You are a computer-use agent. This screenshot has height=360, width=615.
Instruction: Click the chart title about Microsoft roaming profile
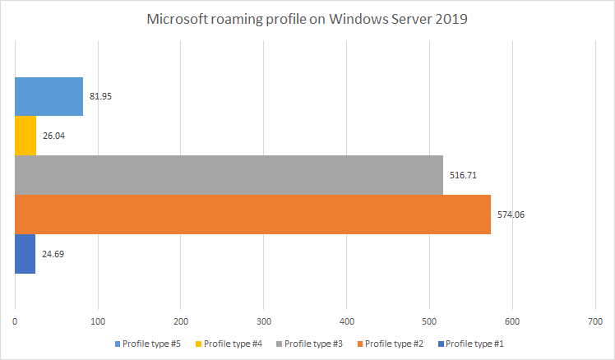[307, 19]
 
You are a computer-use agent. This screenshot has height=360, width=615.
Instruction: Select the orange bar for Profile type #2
[252, 215]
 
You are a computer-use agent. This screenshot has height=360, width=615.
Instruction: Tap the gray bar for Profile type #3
[229, 175]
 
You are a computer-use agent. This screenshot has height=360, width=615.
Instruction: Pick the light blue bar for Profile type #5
[49, 96]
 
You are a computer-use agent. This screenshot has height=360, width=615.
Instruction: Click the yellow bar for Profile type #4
[25, 136]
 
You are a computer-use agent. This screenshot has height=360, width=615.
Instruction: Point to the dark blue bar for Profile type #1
[25, 254]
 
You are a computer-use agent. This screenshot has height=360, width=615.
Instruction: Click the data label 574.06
[511, 215]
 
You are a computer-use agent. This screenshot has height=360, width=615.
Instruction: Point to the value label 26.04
[53, 136]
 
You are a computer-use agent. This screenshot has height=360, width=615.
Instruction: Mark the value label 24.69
[53, 254]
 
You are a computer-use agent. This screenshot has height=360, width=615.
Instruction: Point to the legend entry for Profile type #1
[471, 344]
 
